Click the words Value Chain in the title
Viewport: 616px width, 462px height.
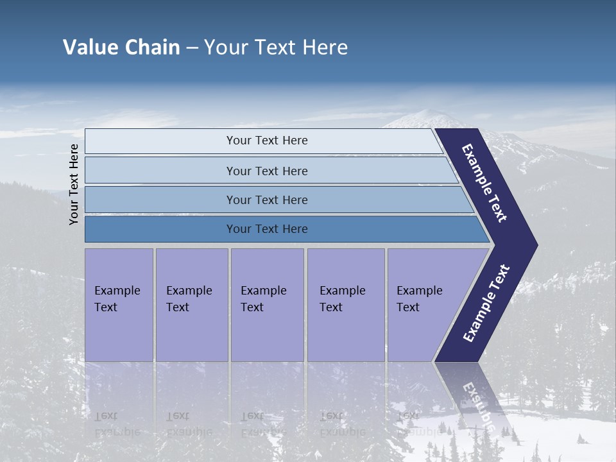pyautogui.click(x=121, y=47)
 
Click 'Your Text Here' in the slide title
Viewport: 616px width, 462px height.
pyautogui.click(x=276, y=47)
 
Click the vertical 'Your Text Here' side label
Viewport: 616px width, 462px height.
pyautogui.click(x=74, y=185)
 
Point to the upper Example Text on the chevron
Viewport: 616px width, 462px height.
pyautogui.click(x=484, y=183)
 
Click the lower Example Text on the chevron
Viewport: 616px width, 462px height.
pyautogui.click(x=486, y=303)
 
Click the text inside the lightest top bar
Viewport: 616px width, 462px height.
pyautogui.click(x=267, y=141)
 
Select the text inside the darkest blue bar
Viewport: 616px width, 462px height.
pyautogui.click(x=267, y=229)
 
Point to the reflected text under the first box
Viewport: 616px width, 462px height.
pyautogui.click(x=117, y=424)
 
